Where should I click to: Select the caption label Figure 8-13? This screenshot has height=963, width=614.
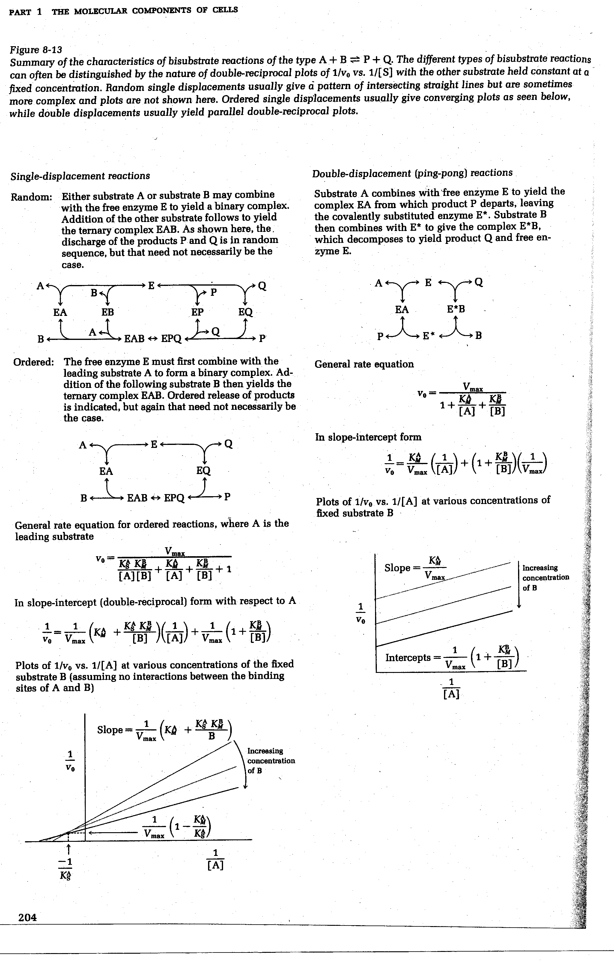point(36,50)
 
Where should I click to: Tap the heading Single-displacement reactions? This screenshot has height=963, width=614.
point(80,176)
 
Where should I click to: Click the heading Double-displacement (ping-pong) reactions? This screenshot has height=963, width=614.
point(412,173)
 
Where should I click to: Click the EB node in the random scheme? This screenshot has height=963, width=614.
point(108,312)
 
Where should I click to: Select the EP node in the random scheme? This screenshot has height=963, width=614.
point(198,312)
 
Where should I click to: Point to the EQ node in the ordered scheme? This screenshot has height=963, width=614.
point(204,471)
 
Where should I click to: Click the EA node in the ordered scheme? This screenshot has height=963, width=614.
point(106,471)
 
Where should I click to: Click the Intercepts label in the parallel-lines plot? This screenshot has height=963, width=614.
point(408,658)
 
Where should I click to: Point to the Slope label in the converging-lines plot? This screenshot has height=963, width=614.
point(110,730)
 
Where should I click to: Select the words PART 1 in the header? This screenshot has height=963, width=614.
point(25,11)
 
